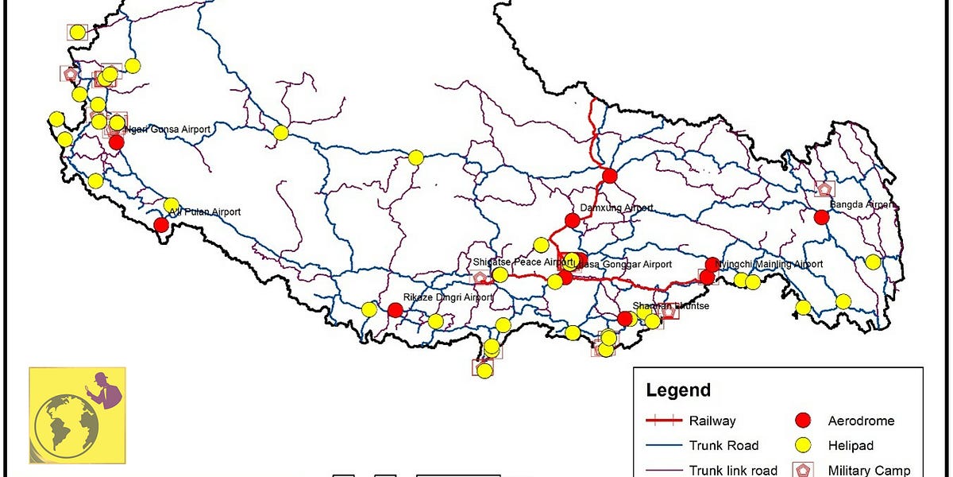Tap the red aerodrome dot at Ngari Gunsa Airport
tap(117, 142)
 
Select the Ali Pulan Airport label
tap(205, 212)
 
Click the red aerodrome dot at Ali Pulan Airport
tap(161, 224)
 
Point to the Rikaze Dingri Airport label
tap(448, 297)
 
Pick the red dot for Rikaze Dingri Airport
tap(395, 310)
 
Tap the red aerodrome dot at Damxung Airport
tap(572, 220)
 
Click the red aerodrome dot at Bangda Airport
tap(822, 216)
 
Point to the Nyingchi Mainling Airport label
tap(769, 265)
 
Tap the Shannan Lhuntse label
tap(671, 306)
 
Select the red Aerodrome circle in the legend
tap(803, 421)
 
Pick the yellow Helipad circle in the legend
tap(803, 445)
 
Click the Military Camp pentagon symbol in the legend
tap(803, 470)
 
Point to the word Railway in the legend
tap(712, 421)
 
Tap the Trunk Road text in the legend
tap(723, 445)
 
